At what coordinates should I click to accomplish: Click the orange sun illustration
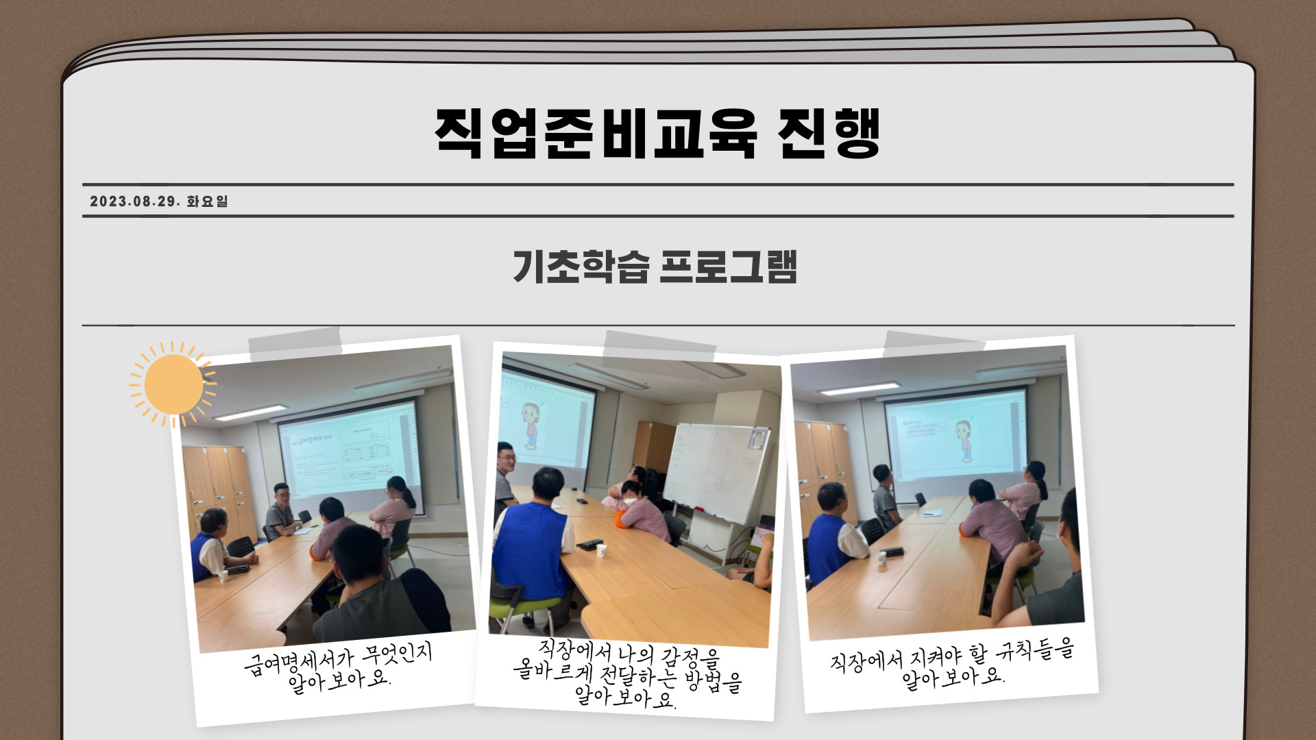click(173, 384)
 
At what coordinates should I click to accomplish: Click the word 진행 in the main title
click(829, 133)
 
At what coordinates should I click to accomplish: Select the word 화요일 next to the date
click(207, 201)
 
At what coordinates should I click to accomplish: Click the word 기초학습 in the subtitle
click(581, 267)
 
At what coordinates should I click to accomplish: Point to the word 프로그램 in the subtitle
click(728, 267)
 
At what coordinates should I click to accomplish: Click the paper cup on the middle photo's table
click(601, 550)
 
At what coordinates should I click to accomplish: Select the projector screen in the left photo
click(350, 449)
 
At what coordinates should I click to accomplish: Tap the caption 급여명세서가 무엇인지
click(338, 658)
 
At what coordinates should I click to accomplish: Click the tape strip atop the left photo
click(295, 345)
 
